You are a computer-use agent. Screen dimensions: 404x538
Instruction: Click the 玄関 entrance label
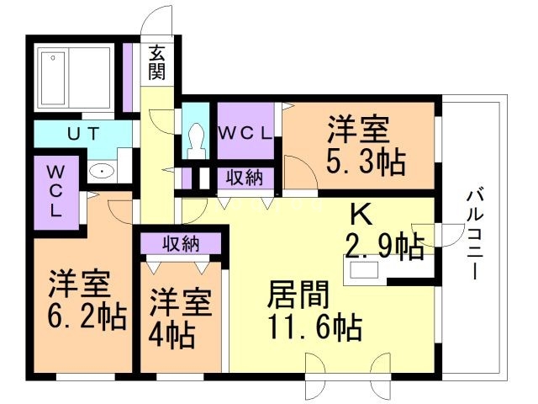(157, 62)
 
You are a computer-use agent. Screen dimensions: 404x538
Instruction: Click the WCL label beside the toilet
(245, 132)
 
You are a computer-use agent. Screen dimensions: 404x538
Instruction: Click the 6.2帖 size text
(87, 316)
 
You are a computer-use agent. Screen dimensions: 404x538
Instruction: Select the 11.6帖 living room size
(315, 325)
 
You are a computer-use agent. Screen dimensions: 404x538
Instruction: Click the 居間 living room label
(298, 295)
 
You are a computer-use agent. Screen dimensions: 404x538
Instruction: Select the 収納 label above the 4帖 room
(180, 243)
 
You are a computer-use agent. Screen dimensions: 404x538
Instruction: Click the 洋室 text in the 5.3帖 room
(358, 130)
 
